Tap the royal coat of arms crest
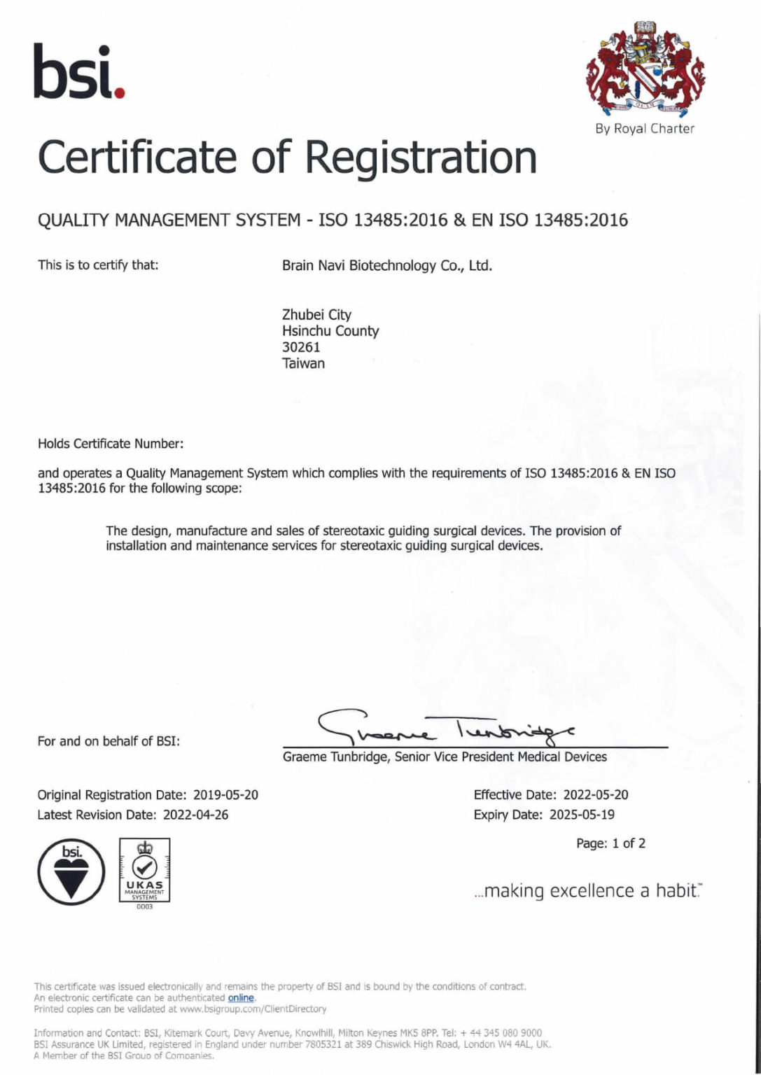click(645, 70)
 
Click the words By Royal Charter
click(645, 129)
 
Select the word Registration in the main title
click(421, 157)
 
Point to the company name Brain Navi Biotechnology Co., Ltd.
click(386, 266)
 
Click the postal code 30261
click(301, 347)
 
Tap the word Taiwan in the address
click(303, 363)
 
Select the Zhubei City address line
click(316, 315)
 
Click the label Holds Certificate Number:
click(111, 444)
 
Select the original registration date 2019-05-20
click(225, 795)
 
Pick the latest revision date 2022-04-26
click(195, 815)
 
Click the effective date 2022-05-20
click(595, 795)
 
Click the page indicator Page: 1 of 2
click(610, 843)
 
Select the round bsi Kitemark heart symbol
click(71, 872)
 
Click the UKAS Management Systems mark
click(144, 871)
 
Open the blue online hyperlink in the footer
click(240, 998)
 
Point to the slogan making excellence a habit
click(588, 891)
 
